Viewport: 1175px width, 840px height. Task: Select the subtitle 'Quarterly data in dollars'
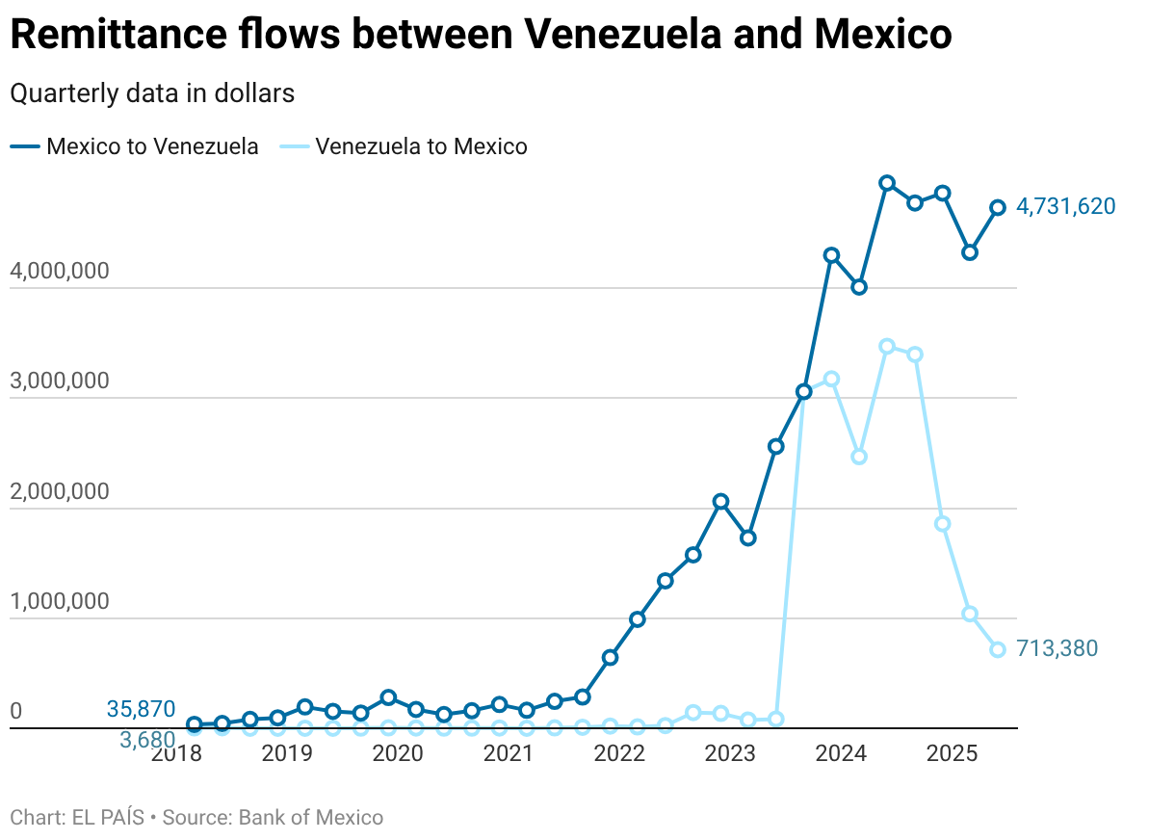pos(151,93)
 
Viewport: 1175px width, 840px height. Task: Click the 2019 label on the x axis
pos(287,752)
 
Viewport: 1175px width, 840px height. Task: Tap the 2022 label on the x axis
pos(618,752)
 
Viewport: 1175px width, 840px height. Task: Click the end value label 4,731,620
pos(1065,206)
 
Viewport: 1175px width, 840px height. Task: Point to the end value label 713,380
pos(1057,648)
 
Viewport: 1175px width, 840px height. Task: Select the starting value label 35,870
pos(141,710)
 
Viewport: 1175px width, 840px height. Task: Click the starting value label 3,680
pos(147,740)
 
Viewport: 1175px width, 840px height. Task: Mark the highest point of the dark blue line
pos(887,183)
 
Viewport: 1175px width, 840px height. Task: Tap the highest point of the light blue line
pos(887,347)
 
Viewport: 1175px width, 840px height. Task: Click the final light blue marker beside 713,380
pos(998,649)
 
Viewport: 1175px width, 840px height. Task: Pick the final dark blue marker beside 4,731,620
pos(998,207)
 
